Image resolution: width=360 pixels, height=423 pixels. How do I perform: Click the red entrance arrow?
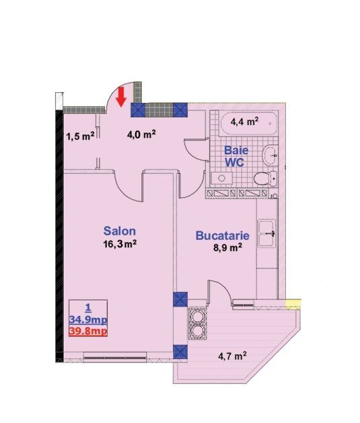(121, 97)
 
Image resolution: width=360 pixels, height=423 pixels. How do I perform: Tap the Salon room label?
(120, 231)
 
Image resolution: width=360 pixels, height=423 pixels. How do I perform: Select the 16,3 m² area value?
(120, 244)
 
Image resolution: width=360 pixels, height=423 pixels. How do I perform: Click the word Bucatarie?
(222, 235)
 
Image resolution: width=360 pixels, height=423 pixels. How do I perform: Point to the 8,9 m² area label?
(227, 247)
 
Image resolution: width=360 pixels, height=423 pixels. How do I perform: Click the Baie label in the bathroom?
(236, 150)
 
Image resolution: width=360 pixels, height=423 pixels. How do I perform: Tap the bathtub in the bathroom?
(249, 123)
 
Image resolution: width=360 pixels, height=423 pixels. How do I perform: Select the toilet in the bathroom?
(265, 178)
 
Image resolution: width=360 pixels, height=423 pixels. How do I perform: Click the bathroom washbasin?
(270, 155)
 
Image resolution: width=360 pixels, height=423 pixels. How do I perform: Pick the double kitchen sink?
(267, 233)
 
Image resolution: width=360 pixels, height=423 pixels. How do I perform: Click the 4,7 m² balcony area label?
(232, 356)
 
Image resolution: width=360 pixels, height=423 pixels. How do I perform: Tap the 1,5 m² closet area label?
(81, 137)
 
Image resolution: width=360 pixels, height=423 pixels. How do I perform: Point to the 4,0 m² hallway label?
(141, 134)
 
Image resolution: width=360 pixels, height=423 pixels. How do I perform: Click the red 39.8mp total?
(88, 331)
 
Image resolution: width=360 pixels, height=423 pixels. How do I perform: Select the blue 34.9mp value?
(88, 320)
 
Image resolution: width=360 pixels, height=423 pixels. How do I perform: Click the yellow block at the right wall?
(293, 303)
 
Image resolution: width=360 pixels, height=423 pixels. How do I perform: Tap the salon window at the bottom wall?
(115, 358)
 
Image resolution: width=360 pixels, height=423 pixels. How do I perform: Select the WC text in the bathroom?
(235, 162)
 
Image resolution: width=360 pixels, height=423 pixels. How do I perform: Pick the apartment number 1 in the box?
(88, 307)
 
